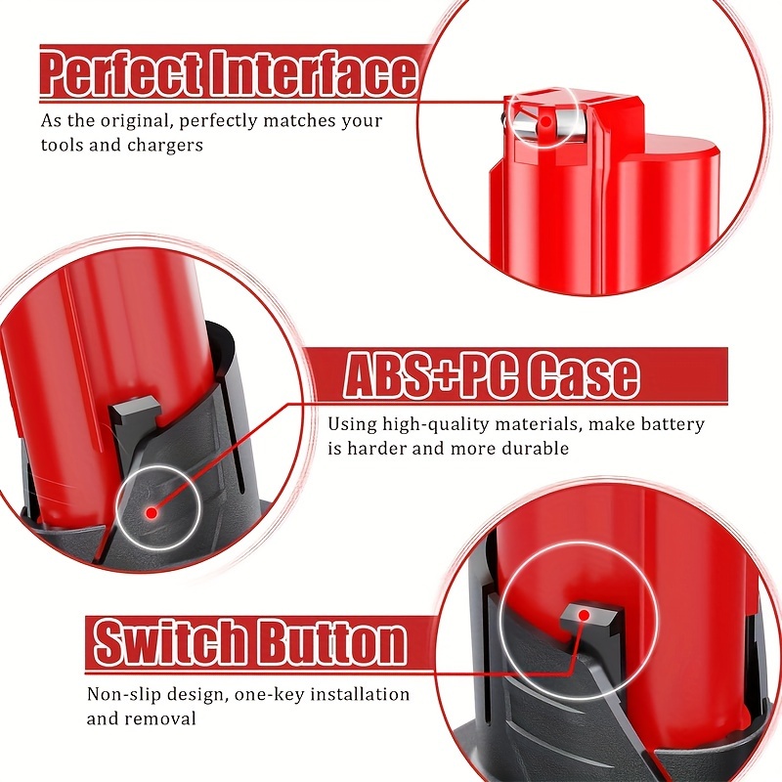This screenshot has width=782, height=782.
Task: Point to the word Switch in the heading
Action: (167, 643)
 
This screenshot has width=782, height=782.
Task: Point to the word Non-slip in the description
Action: (122, 695)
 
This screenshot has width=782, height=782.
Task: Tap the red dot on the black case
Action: (151, 512)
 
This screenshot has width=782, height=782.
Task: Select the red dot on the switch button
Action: (584, 615)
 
